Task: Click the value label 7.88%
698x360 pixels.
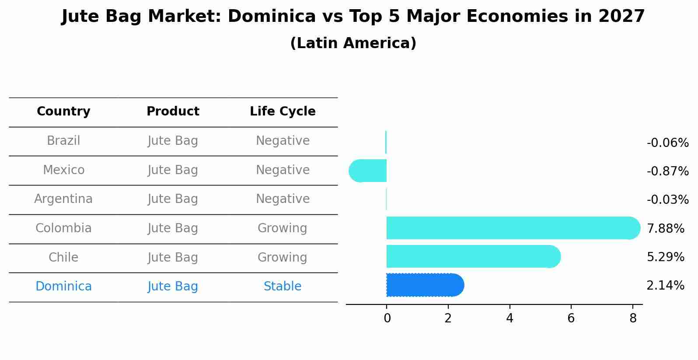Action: point(665,228)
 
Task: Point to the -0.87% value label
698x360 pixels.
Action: point(667,171)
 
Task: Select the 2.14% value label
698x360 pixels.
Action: point(665,286)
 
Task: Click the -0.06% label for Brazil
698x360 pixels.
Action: point(667,143)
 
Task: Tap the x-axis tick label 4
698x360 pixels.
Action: point(510,318)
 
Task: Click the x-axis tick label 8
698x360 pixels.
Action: point(633,318)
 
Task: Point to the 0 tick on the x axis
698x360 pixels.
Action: point(387,318)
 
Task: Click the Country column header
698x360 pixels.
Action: point(63,112)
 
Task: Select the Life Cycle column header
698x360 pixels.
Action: point(283,112)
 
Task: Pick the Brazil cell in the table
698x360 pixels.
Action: point(63,141)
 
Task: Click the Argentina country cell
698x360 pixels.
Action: point(63,199)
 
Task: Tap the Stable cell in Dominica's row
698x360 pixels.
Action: point(283,287)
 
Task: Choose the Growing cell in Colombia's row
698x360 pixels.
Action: point(283,228)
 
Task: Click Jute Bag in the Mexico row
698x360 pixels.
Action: point(173,170)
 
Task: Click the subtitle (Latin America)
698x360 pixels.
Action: point(353,43)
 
